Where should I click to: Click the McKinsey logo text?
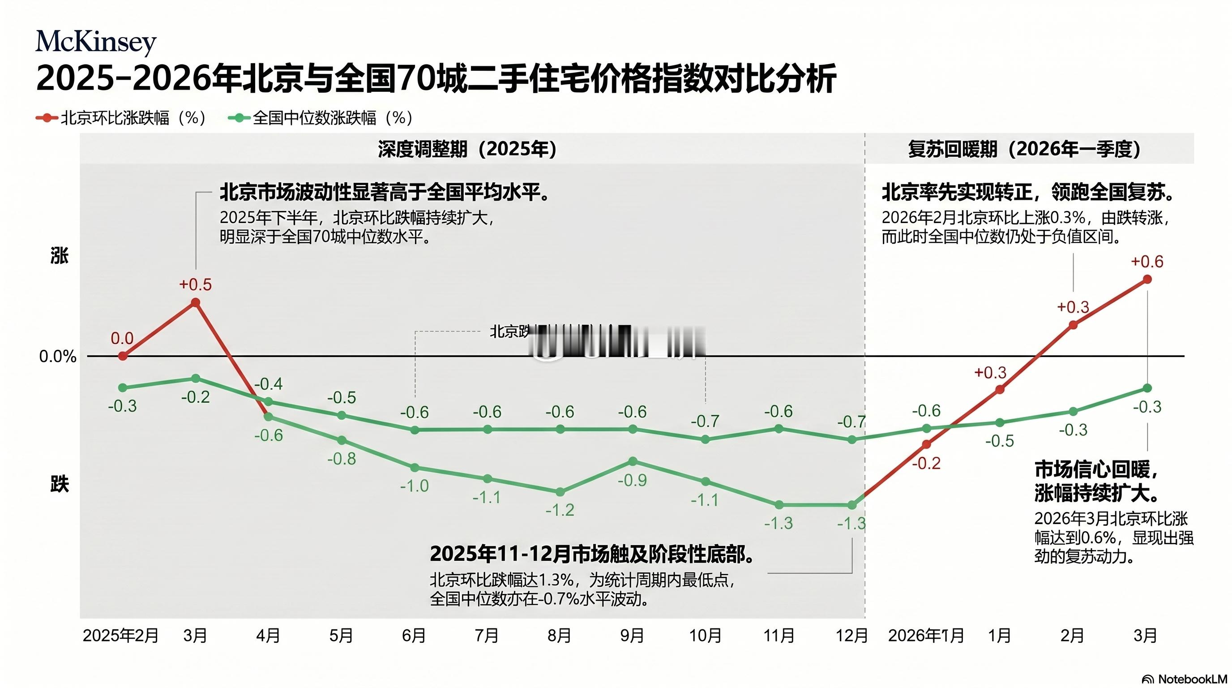[x=96, y=42]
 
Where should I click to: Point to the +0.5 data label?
[x=195, y=285]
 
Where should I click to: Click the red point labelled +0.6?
[x=1147, y=279]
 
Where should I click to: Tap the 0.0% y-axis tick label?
[x=58, y=357]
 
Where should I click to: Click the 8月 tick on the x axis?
[x=559, y=636]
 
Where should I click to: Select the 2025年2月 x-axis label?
[x=120, y=636]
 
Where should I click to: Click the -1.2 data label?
[x=560, y=510]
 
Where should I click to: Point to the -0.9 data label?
[x=632, y=480]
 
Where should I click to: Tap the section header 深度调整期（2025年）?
[x=467, y=149]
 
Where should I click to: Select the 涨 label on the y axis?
[x=59, y=256]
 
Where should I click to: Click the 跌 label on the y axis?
[x=59, y=485]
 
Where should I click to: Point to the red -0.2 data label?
[x=926, y=463]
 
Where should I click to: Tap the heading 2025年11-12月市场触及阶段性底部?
[x=592, y=554]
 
